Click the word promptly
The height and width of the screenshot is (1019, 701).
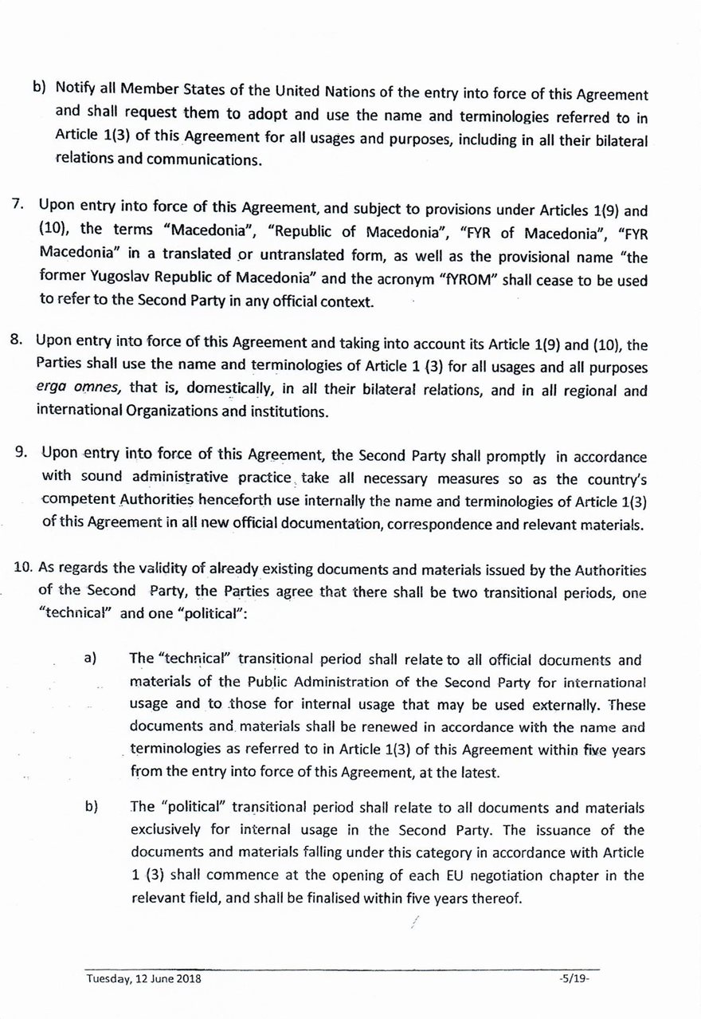tap(511, 457)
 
